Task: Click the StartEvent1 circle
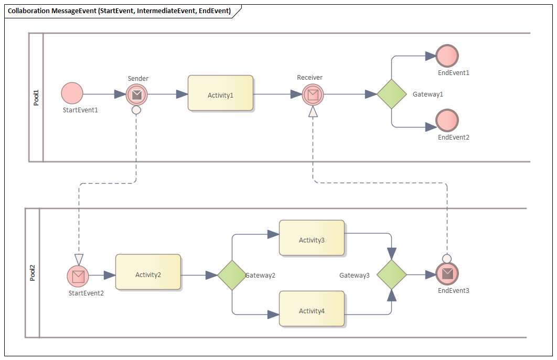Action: coord(72,93)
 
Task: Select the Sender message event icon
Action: coord(137,94)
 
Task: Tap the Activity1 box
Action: coord(221,93)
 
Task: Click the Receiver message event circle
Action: coord(313,94)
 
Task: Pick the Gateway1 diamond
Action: coord(392,94)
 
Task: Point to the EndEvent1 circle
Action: coord(447,56)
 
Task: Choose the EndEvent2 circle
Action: coord(447,120)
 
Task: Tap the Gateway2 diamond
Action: coord(232,275)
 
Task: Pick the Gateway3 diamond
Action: coord(392,274)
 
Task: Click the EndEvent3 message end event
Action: coord(447,273)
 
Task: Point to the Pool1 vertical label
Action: coord(36,97)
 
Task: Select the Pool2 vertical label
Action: coord(33,273)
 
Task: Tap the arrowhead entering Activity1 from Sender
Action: coord(182,94)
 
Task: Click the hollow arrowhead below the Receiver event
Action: coord(313,111)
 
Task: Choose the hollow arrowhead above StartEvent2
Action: coord(79,259)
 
